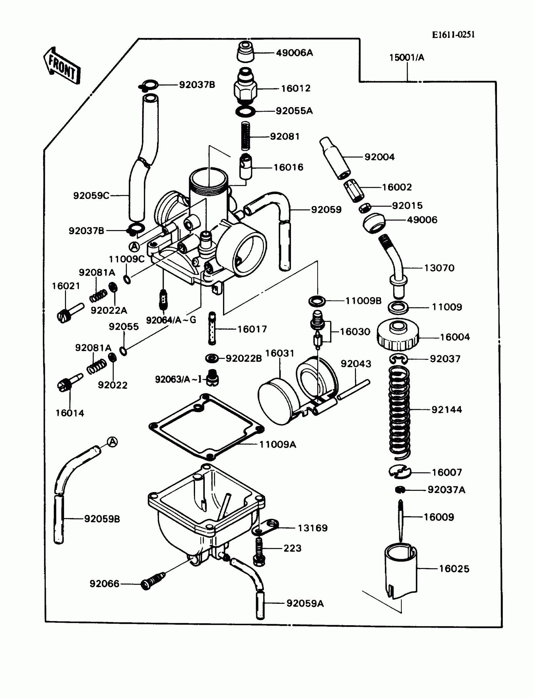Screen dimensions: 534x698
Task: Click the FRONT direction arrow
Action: (x=62, y=66)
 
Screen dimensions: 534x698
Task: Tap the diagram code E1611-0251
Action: (x=453, y=35)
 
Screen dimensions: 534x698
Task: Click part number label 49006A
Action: (x=294, y=53)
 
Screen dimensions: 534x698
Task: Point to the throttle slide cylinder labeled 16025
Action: (x=401, y=571)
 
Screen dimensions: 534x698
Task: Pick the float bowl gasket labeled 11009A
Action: (x=207, y=427)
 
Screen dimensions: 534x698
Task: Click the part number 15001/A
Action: (x=406, y=57)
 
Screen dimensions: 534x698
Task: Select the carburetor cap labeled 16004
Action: (x=398, y=335)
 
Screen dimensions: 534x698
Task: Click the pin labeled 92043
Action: (x=353, y=390)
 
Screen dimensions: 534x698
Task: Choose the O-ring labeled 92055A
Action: (x=245, y=111)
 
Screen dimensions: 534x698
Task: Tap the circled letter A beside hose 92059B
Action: (x=112, y=441)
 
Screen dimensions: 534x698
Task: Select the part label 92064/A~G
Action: (x=171, y=320)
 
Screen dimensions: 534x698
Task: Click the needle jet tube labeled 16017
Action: (x=212, y=328)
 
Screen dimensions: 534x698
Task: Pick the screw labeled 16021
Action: (x=70, y=313)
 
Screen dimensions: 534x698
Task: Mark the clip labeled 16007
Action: (x=400, y=472)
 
